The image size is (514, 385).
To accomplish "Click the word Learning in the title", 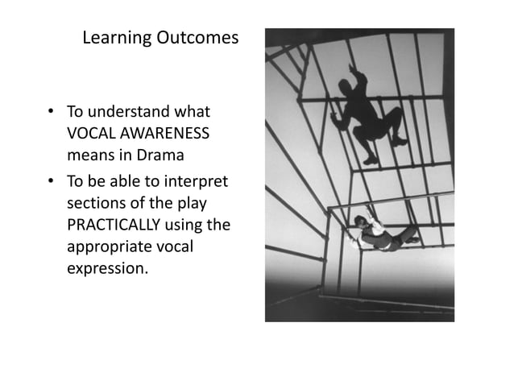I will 113,38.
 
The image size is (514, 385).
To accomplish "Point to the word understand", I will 131,110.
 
